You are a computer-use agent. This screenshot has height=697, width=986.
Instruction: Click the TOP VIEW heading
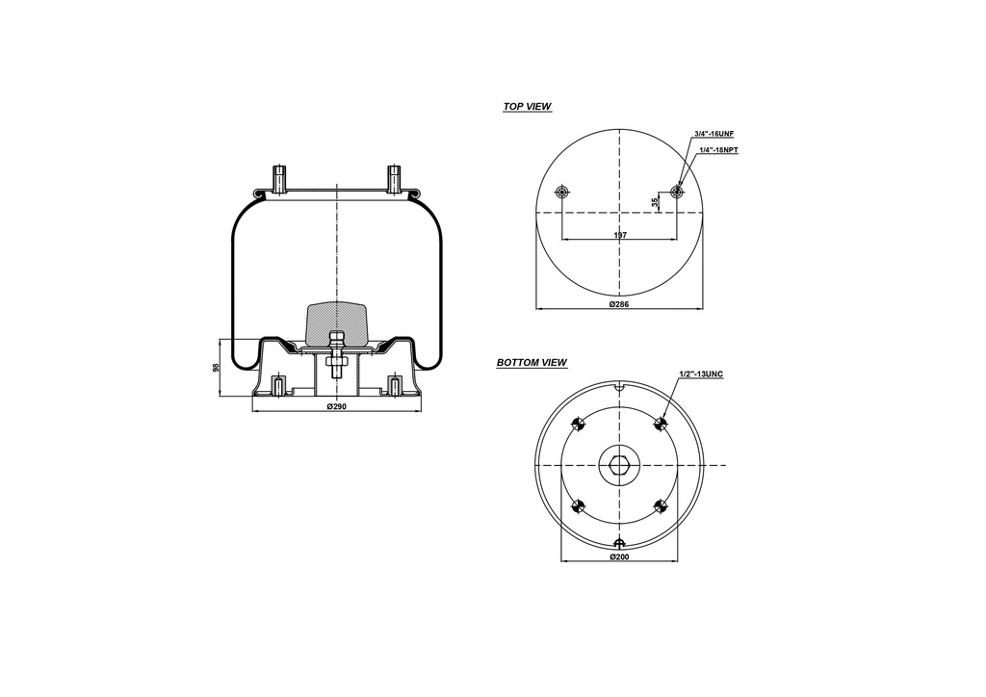527,107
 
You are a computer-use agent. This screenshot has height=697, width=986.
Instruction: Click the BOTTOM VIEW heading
532,363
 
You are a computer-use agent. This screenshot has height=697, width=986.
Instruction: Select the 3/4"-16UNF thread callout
714,134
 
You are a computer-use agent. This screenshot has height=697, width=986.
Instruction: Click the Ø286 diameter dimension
619,304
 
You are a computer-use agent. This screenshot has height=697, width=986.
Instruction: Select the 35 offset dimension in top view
655,202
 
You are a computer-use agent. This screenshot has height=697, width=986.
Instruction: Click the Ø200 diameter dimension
619,557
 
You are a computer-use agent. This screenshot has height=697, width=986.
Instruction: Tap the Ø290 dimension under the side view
336,406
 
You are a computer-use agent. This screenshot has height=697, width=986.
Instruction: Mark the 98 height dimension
217,367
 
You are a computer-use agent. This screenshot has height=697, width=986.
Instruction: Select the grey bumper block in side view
336,322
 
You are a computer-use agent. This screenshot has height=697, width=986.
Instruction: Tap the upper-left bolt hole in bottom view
579,425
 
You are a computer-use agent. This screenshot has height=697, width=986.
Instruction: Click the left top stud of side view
279,180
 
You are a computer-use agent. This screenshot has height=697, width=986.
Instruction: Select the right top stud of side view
393,180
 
